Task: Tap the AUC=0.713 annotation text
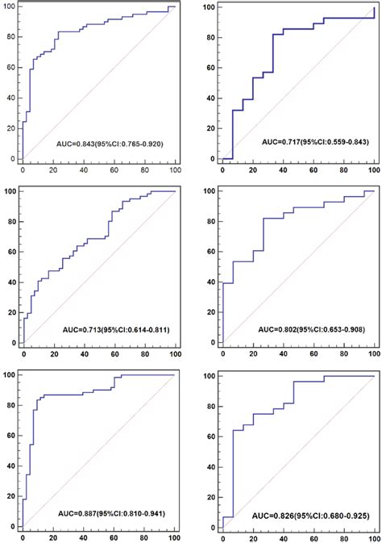[x=116, y=329]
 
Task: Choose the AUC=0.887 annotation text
[x=116, y=513]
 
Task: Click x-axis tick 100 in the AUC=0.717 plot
[x=374, y=170]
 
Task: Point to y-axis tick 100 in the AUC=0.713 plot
[x=8, y=191]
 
